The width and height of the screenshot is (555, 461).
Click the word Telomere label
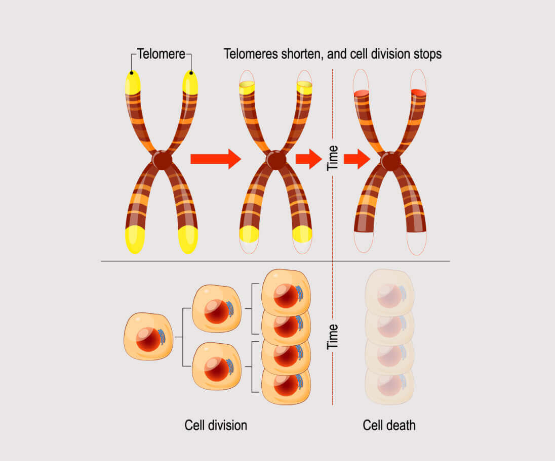[x=161, y=54]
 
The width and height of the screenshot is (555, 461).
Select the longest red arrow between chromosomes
[x=215, y=159]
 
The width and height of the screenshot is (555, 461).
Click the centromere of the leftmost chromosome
[x=162, y=160]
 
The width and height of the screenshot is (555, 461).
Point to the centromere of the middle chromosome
[x=276, y=160]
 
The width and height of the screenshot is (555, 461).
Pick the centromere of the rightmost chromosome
[x=390, y=161]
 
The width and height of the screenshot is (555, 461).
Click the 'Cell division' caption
[x=215, y=425]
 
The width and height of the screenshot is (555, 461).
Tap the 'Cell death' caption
[x=389, y=425]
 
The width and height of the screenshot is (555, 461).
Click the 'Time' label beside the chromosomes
[x=333, y=158]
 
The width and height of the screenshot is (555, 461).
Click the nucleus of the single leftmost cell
[x=148, y=340]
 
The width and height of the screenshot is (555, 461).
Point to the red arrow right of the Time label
[x=356, y=159]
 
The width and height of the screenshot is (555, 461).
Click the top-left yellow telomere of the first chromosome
[x=133, y=83]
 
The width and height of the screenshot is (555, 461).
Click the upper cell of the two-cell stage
[x=217, y=309]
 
